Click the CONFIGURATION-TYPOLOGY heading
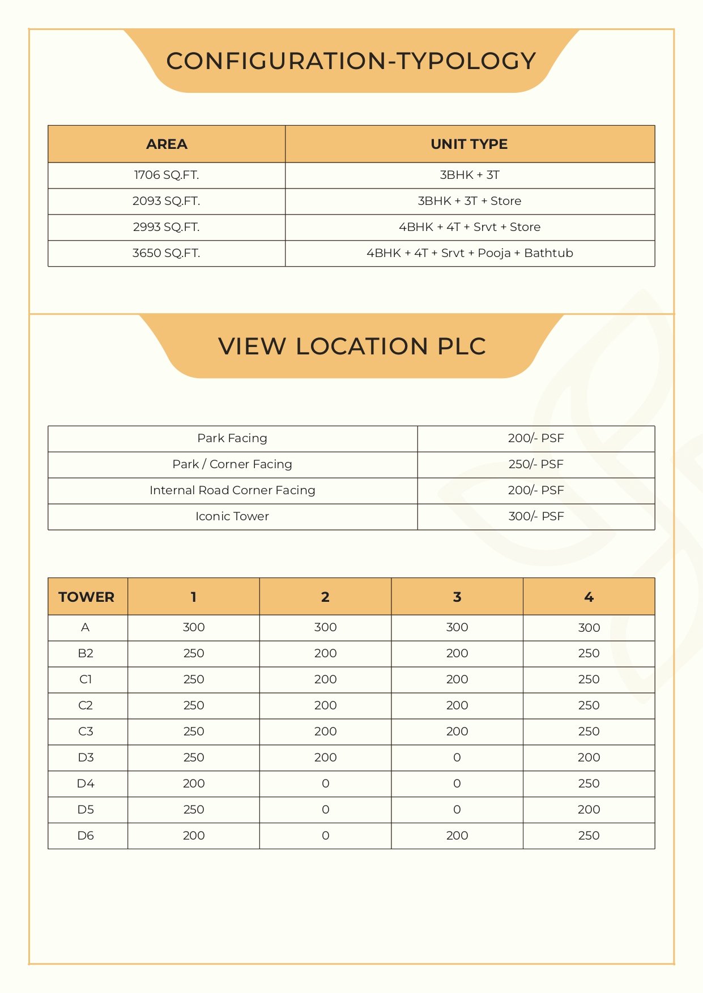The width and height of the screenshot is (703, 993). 351,61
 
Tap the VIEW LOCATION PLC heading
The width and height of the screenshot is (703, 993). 352,346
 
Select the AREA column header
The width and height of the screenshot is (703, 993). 167,144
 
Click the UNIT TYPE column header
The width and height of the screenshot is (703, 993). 469,144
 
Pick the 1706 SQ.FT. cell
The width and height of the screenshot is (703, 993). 167,175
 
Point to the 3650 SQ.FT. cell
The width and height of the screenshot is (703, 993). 167,253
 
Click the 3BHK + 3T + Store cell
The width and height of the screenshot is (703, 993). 469,201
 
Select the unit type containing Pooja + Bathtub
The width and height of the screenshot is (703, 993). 469,253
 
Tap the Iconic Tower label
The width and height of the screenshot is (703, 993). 232,516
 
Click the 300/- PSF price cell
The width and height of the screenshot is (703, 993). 536,516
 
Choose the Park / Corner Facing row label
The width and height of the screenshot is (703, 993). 232,464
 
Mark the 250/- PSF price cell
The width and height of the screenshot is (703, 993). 536,464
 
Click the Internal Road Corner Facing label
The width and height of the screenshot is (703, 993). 232,490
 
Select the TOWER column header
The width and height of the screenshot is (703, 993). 87,597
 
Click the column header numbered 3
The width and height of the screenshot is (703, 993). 457,597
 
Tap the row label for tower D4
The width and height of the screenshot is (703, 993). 86,784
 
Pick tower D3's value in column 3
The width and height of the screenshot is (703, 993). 457,757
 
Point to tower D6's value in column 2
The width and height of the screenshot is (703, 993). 325,836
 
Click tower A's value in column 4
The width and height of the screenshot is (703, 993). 589,627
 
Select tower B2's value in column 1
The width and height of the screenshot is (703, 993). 194,653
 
